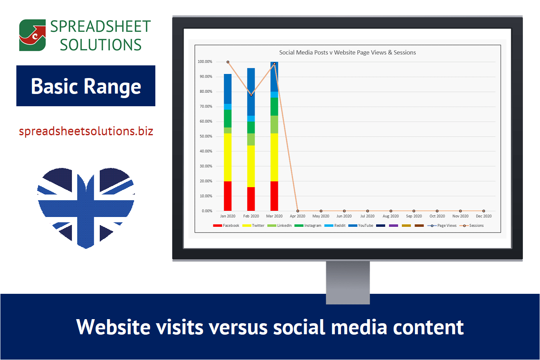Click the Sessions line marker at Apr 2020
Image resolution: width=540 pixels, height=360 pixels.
pos(298,211)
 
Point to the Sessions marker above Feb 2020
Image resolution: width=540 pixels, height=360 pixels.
pos(251,95)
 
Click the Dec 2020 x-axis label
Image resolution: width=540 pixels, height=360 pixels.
pos(484,216)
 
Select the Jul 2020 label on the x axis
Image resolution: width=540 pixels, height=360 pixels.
pos(367,216)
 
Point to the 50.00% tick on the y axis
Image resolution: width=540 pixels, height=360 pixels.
pos(205,136)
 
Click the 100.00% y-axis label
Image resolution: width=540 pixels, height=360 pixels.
pos(204,62)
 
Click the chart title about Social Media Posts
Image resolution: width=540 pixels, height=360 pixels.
pos(347,52)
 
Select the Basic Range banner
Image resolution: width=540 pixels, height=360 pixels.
pos(86,86)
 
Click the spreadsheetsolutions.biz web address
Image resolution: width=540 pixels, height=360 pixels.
pos(86,132)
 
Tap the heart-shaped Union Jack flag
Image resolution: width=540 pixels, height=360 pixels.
pos(86,206)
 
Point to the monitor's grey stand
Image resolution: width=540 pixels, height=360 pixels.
pos(348,282)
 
